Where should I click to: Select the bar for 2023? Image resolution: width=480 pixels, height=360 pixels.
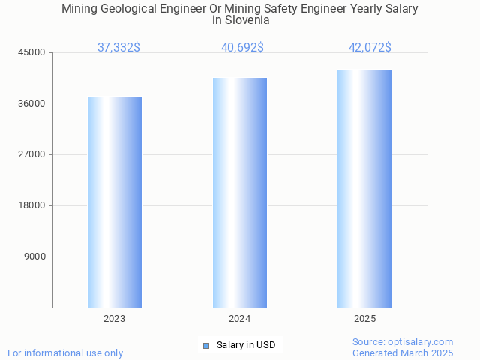(115, 202)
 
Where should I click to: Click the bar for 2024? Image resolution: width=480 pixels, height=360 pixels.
(240, 193)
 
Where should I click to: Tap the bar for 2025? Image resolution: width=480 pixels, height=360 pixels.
(364, 188)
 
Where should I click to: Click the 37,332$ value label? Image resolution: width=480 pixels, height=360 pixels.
(118, 48)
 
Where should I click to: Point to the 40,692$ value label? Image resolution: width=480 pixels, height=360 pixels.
(242, 48)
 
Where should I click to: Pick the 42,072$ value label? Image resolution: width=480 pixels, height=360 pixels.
(370, 48)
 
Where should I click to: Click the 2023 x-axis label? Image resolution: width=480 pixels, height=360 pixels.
(115, 319)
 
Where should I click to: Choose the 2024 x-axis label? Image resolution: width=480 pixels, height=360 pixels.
(240, 319)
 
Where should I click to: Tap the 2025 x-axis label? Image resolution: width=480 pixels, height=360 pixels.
(364, 319)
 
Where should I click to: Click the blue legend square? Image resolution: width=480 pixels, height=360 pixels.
(206, 346)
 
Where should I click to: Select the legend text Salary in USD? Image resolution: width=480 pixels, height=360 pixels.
(246, 345)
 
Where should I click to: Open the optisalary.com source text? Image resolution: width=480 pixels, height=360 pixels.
(403, 341)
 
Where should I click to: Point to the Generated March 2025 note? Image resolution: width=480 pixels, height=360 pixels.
(403, 352)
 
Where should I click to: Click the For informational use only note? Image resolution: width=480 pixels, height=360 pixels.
(65, 352)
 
